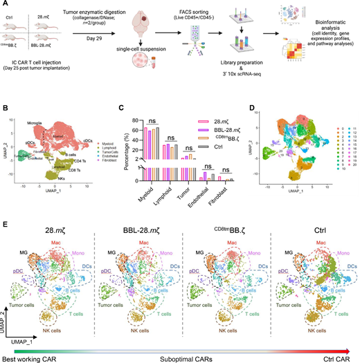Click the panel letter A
tap(6, 6)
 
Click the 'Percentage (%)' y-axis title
tap(123, 146)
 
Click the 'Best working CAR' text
tap(29, 357)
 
